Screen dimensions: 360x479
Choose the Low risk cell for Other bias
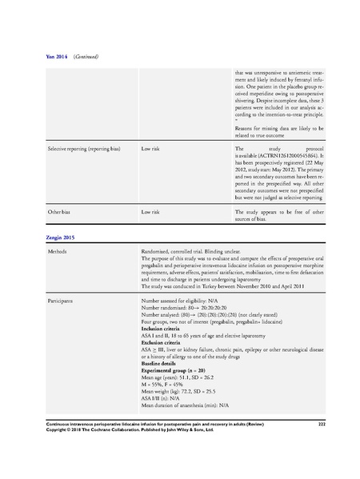[152, 212]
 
